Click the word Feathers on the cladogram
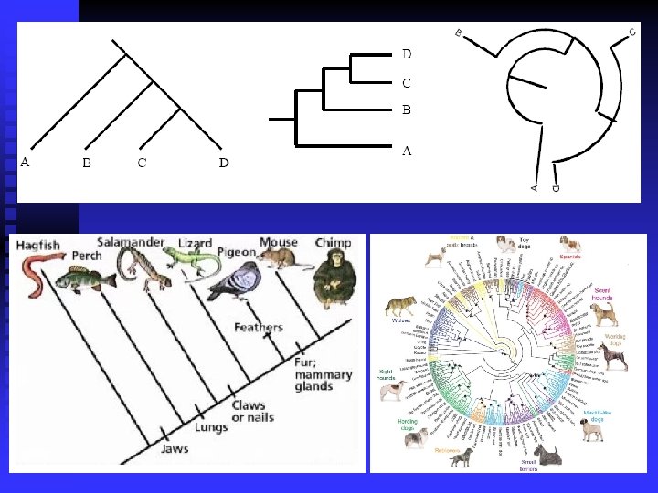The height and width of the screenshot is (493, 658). pyautogui.click(x=259, y=327)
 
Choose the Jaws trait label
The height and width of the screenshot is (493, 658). pyautogui.click(x=176, y=449)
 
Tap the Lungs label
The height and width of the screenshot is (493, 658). pyautogui.click(x=211, y=426)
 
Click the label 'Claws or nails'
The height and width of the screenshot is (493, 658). pyautogui.click(x=251, y=410)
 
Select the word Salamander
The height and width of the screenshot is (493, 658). pyautogui.click(x=132, y=243)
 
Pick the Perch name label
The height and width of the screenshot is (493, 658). pyautogui.click(x=87, y=256)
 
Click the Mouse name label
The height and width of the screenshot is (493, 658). pyautogui.click(x=279, y=243)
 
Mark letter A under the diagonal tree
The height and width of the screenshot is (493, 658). pyautogui.click(x=26, y=163)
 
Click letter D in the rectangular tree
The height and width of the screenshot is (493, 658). pyautogui.click(x=407, y=54)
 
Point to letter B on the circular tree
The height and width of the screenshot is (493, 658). pyautogui.click(x=459, y=34)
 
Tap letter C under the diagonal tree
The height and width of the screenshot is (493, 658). pyautogui.click(x=142, y=163)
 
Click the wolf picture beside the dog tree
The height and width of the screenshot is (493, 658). pyautogui.click(x=400, y=306)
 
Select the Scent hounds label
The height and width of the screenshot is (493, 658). pyautogui.click(x=602, y=294)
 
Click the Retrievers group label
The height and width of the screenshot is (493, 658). pyautogui.click(x=448, y=451)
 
